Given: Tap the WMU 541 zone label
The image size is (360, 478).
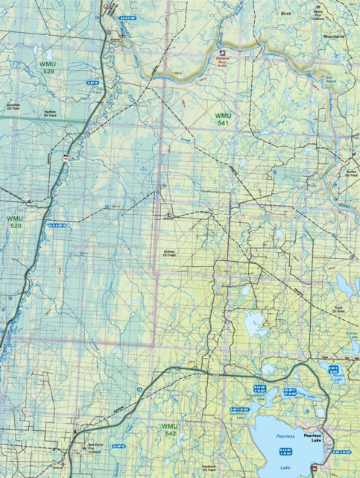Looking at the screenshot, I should point(222,119).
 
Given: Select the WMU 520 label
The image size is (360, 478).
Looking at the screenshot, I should point(15,222).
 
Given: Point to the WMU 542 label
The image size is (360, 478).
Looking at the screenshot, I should point(169,429).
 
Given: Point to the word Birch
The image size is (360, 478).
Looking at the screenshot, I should point(286,13).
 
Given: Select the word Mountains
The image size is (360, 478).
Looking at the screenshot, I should point(334,35).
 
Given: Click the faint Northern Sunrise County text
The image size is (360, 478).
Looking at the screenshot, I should point(105,245).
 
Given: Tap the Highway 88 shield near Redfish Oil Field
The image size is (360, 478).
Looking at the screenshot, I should point(66,158).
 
